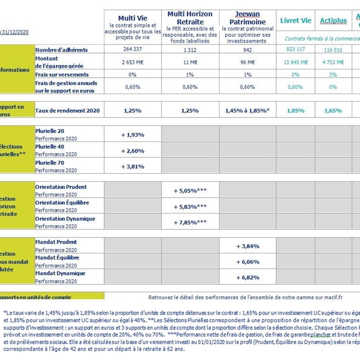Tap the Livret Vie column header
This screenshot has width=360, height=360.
[296, 21]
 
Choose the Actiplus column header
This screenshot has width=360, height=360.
[333, 21]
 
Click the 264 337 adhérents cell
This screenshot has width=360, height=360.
[133, 50]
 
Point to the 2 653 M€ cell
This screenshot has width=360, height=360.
[133, 62]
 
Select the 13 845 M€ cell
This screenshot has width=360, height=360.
[296, 62]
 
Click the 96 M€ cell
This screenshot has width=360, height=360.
[248, 62]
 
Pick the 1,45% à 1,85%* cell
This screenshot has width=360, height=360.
[248, 110]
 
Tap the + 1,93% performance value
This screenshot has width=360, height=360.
[133, 135]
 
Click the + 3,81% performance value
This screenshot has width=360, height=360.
[133, 166]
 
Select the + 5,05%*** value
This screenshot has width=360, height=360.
[190, 190]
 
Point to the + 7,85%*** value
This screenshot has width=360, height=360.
[190, 223]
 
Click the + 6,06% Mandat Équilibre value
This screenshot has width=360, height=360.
[248, 261]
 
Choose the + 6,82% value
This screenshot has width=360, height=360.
[248, 277]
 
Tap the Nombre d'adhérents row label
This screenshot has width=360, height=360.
[61, 50]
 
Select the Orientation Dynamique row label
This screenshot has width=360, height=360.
[65, 219]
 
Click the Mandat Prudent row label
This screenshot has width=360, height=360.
[56, 242]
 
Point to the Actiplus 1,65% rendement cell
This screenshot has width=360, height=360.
[333, 110]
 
